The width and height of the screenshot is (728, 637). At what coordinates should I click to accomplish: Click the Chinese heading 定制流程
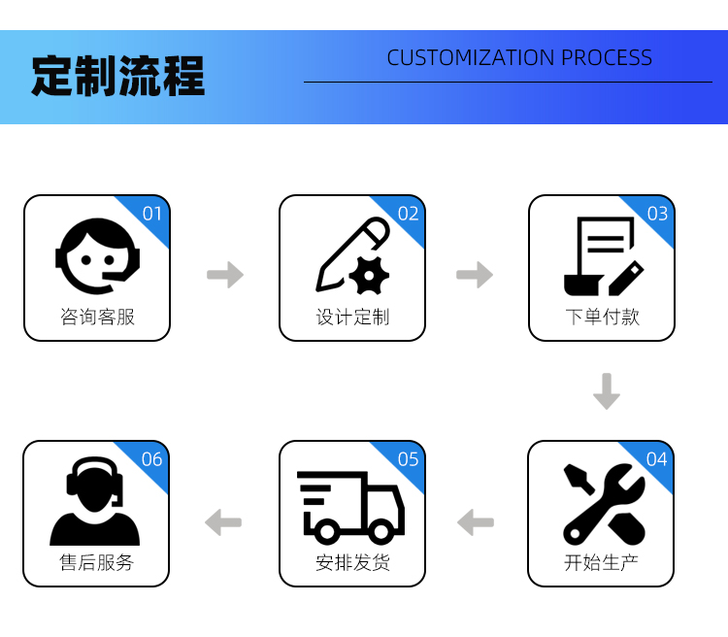coord(117,76)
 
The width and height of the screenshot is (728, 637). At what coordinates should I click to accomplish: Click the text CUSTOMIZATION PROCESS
coord(519,57)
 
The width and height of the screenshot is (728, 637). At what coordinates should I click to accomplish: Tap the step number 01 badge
coord(152,214)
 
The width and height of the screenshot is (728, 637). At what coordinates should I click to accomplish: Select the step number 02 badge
coord(408,214)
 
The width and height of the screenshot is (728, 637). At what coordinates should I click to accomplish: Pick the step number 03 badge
coord(657,214)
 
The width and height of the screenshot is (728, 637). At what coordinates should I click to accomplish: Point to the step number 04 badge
coord(656,459)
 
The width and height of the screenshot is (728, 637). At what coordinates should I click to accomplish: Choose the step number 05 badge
coord(408,459)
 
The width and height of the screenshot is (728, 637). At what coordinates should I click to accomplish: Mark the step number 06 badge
coord(151,459)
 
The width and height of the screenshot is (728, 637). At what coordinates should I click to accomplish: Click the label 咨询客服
coord(97,317)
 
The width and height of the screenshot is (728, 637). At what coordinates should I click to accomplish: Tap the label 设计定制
coord(352,317)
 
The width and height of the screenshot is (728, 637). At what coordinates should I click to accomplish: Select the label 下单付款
coord(602,317)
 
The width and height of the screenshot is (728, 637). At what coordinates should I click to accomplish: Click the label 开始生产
coord(601,562)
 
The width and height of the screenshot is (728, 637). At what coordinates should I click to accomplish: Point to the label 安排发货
coord(352,562)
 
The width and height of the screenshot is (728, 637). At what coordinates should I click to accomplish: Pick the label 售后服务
coord(96,562)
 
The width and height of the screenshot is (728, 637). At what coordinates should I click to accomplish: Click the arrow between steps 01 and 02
coord(225,275)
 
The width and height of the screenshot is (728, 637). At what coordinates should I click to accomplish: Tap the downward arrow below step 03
coord(607,390)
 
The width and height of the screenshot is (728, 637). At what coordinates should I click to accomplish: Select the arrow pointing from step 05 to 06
coord(223,522)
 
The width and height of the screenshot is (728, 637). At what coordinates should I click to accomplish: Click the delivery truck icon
coord(350,506)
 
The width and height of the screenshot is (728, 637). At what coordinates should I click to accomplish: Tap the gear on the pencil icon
coord(369,276)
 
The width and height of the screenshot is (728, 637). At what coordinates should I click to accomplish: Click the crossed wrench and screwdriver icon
coord(603,504)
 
